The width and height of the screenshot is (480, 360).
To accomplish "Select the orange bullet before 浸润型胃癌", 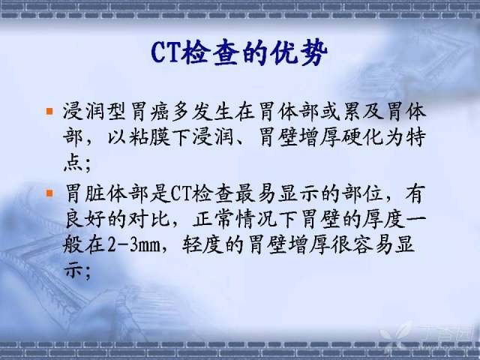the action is point(49,111).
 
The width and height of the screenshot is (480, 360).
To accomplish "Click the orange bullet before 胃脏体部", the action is point(49,193).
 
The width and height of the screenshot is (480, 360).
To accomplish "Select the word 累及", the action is point(363,111).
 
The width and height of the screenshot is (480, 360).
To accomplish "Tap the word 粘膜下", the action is point(159,137).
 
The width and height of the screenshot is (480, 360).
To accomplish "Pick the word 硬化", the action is point(363,137).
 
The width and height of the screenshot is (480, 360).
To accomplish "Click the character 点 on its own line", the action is point(73,163).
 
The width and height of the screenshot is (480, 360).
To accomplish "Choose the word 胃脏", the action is point(85,193).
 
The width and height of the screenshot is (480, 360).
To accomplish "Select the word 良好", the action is point(85,219).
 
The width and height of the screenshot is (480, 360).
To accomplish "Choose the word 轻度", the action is point(202,244).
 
